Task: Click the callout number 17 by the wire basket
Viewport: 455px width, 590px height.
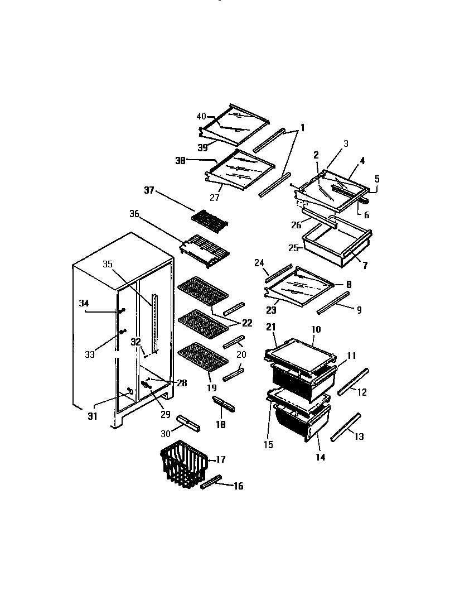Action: pyautogui.click(x=220, y=459)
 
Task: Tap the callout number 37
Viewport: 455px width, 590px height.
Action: pyautogui.click(x=149, y=191)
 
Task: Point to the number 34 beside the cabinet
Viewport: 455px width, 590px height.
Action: pyautogui.click(x=84, y=303)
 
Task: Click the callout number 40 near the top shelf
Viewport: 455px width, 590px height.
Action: pyautogui.click(x=201, y=116)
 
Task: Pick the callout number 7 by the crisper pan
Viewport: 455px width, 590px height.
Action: pyautogui.click(x=365, y=266)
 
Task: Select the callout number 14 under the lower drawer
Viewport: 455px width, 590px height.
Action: pyautogui.click(x=320, y=457)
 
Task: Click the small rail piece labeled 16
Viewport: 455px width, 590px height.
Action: pyautogui.click(x=211, y=482)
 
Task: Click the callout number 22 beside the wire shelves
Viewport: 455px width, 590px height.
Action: pyautogui.click(x=246, y=323)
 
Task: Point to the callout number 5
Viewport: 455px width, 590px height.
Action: pyautogui.click(x=376, y=179)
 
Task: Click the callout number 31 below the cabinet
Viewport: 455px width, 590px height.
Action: pyautogui.click(x=92, y=416)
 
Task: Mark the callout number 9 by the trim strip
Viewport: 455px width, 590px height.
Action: pyautogui.click(x=359, y=310)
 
